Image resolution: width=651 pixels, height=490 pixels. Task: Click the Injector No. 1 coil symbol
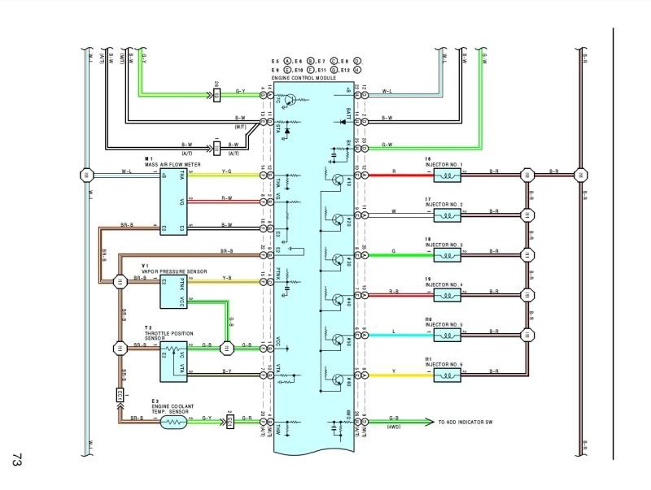[x=447, y=173]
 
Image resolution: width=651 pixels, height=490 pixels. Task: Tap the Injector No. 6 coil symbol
[x=447, y=376]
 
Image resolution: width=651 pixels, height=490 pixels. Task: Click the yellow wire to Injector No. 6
[x=396, y=376]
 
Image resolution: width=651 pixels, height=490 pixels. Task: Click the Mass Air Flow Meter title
[x=173, y=164]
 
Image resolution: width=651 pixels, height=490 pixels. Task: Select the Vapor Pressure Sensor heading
[x=174, y=271]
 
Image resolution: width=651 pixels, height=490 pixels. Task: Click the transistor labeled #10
[x=336, y=177]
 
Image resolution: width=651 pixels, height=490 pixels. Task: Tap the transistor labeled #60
[x=336, y=380]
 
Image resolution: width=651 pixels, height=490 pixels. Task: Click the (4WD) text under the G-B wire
[x=395, y=427]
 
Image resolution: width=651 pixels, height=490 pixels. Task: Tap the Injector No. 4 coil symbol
[x=447, y=295]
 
